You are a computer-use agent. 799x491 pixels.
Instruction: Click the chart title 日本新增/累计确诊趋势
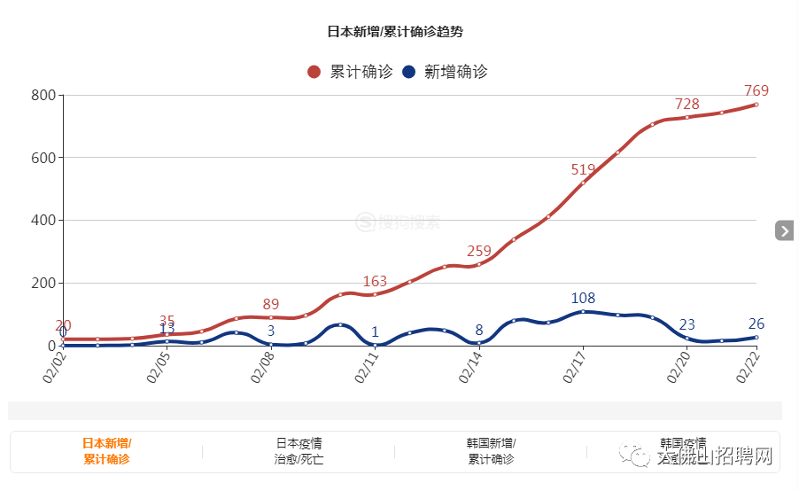point(394,31)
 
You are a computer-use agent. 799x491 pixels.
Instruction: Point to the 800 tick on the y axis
point(43,96)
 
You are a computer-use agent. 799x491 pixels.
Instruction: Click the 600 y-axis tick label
point(43,158)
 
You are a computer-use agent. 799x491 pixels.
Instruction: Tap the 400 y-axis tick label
point(43,221)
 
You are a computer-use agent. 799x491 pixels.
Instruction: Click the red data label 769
point(756,90)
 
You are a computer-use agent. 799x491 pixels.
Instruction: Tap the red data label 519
point(583,169)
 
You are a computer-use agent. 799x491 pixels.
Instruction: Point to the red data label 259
point(479,251)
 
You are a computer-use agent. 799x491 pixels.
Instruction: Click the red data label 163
point(375,282)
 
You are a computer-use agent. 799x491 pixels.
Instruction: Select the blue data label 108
point(583,298)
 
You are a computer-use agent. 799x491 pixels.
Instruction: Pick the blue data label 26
point(756,323)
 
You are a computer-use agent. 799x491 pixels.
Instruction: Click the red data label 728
point(687,104)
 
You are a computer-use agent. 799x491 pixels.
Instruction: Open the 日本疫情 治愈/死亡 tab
point(299,451)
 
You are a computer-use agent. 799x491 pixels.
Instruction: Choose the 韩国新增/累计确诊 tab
point(491,451)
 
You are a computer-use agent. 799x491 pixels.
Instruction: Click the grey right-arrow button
point(784,230)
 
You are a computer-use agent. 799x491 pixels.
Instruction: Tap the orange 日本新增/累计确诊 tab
point(106,451)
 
